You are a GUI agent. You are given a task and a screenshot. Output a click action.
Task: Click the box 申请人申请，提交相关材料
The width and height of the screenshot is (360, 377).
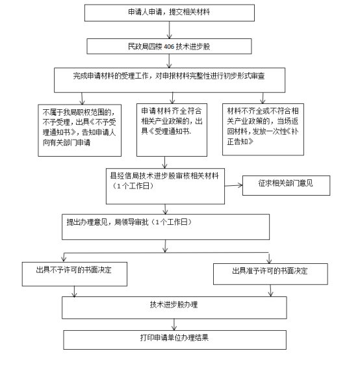tap(170, 13)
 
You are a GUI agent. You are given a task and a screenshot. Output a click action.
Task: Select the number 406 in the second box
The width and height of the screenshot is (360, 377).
tap(169, 46)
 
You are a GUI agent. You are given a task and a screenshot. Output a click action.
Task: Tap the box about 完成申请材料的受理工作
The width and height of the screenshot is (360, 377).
tap(170, 80)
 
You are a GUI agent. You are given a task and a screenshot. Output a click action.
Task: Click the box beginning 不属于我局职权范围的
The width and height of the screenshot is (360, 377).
tap(79, 130)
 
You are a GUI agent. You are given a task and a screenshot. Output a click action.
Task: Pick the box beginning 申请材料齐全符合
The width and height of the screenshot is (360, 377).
tap(172, 130)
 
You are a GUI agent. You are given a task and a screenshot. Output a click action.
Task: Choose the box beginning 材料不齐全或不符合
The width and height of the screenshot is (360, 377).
tap(263, 129)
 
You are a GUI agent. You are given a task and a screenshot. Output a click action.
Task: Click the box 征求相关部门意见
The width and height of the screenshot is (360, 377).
tap(286, 185)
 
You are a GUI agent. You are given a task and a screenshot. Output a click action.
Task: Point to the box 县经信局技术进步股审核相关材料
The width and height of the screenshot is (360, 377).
tap(165, 187)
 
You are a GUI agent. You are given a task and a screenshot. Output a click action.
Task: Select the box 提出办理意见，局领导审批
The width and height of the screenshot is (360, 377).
tap(166, 227)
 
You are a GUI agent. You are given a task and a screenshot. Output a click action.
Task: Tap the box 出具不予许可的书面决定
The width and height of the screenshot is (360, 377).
tap(75, 274)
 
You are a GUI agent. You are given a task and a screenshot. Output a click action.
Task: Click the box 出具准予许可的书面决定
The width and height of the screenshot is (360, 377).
tap(270, 274)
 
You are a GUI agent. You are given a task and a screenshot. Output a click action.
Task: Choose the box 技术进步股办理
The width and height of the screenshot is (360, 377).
tap(174, 307)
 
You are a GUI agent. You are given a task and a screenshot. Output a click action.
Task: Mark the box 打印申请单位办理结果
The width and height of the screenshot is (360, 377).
tap(175, 340)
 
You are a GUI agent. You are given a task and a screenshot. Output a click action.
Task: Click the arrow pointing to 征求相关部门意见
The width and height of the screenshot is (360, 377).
tap(233, 185)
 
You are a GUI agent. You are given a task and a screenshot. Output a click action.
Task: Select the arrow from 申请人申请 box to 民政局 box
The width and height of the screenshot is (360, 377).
tap(170, 30)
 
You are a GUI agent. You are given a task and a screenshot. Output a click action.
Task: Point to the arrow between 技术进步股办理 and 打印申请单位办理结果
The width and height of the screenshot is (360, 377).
tap(174, 324)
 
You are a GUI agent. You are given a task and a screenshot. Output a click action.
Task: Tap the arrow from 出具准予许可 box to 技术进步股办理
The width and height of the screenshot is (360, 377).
tap(270, 291)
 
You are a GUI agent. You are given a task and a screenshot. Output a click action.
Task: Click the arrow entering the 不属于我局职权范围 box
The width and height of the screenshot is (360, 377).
tap(82, 99)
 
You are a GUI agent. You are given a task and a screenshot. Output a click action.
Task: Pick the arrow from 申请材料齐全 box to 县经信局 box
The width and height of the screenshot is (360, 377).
tap(164, 162)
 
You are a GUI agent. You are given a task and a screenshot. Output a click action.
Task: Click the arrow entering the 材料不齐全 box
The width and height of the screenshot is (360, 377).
tap(263, 98)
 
